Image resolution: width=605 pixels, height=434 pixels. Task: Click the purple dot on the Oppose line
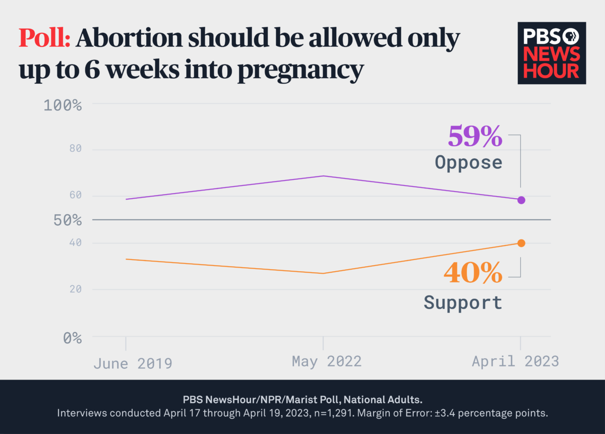[x=521, y=200]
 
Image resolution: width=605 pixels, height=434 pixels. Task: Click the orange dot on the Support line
[x=521, y=243]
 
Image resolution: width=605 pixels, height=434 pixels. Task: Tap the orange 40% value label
[x=473, y=273]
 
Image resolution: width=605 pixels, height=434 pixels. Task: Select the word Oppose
[x=468, y=162]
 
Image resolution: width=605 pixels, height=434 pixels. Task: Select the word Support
[x=463, y=302]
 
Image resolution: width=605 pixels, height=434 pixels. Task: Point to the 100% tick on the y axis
[x=63, y=105]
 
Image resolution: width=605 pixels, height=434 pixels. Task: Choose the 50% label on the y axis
[x=68, y=220]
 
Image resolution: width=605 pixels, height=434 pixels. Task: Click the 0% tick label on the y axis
[x=72, y=337]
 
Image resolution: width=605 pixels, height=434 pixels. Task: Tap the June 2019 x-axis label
[x=133, y=363]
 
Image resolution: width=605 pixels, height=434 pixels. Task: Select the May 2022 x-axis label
[x=327, y=361]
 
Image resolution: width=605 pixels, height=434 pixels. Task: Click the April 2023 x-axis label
[x=515, y=361]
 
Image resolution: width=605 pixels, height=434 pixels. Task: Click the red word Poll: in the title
[x=44, y=38]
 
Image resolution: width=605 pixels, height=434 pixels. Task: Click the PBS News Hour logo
[x=552, y=53]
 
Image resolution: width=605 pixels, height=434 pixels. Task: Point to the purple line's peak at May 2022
[x=323, y=176]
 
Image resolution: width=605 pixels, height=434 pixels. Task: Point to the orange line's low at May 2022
[x=323, y=273]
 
